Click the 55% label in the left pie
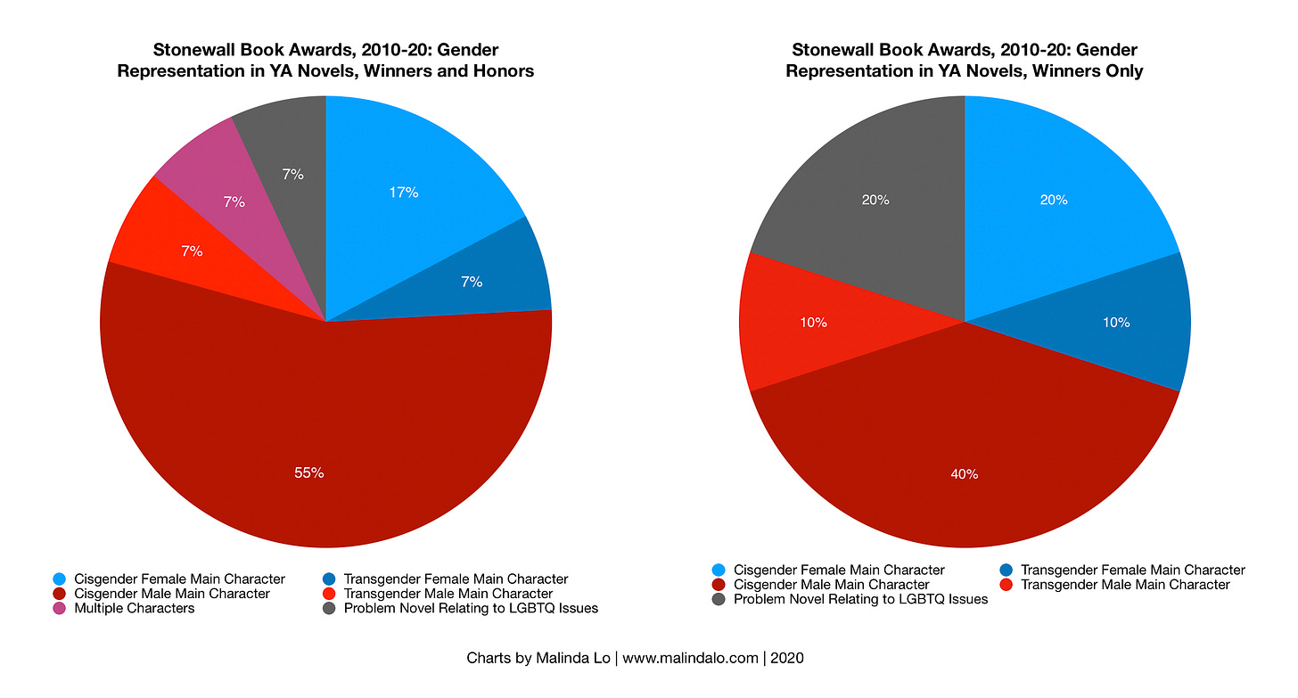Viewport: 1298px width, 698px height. pos(308,472)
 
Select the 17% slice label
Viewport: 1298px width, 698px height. pos(404,192)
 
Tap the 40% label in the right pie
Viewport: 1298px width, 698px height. pos(964,474)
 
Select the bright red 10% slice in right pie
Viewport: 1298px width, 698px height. pos(802,323)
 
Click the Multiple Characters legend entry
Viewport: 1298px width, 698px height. pos(135,608)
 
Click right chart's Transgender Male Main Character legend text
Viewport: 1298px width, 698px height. pos(1125,585)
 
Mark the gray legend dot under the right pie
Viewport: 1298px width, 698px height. pos(719,599)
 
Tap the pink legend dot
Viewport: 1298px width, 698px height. pos(60,608)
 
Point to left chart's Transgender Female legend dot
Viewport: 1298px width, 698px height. pos(328,579)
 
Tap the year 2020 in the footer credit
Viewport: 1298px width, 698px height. pos(788,659)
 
